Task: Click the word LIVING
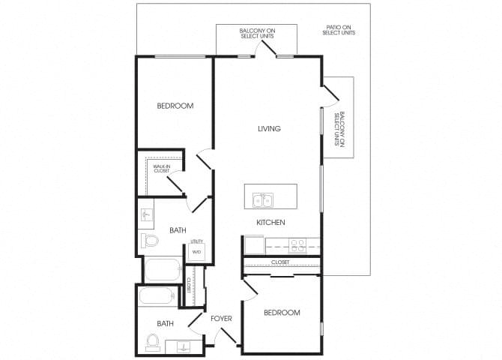pos(268,129)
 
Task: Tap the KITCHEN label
pos(271,223)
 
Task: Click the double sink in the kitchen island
pos(263,199)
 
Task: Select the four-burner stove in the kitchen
pos(297,244)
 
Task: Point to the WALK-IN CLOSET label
pos(162,169)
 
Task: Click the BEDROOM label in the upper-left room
pos(175,106)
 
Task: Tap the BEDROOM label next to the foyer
pos(282,313)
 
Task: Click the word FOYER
pos(221,319)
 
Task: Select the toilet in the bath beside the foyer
pos(152,342)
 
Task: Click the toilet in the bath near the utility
pos(151,241)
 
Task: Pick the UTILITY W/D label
pos(197,247)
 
